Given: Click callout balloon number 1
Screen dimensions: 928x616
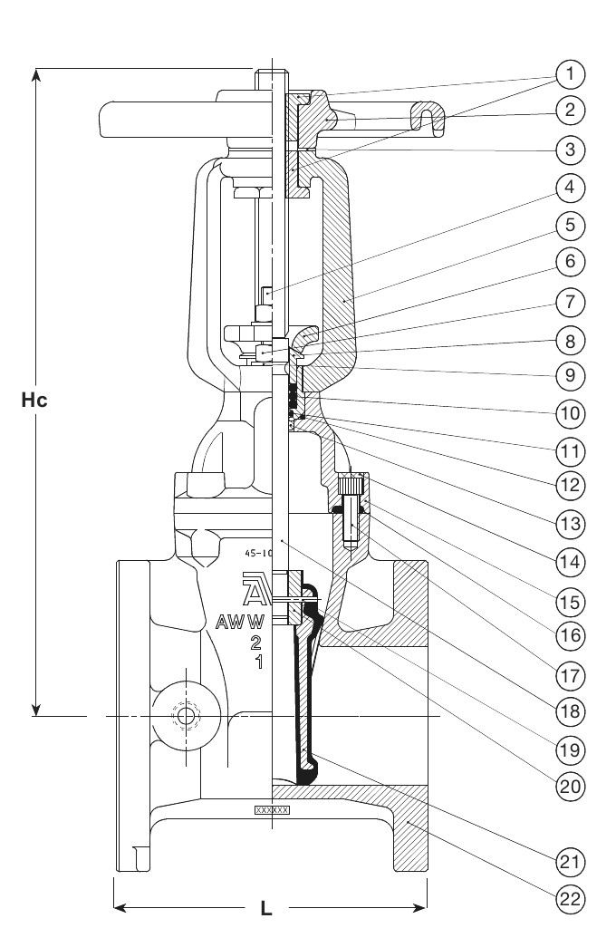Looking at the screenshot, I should (570, 72).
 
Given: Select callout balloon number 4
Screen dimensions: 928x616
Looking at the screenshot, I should (570, 188).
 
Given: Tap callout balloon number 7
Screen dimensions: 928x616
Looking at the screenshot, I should (570, 302).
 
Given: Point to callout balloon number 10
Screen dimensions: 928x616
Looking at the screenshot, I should (570, 413).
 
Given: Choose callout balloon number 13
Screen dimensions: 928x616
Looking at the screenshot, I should (570, 523).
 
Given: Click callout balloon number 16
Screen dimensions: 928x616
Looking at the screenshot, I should (570, 636).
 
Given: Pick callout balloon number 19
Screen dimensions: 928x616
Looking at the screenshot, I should (570, 749).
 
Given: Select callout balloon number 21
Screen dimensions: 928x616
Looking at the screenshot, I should (570, 859).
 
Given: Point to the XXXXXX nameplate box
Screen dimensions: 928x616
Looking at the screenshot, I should (272, 809).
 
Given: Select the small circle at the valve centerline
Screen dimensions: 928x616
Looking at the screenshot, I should (186, 716).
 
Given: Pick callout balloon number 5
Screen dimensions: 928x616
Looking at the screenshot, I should (570, 225).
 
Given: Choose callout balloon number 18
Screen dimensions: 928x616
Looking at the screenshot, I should (570, 711).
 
